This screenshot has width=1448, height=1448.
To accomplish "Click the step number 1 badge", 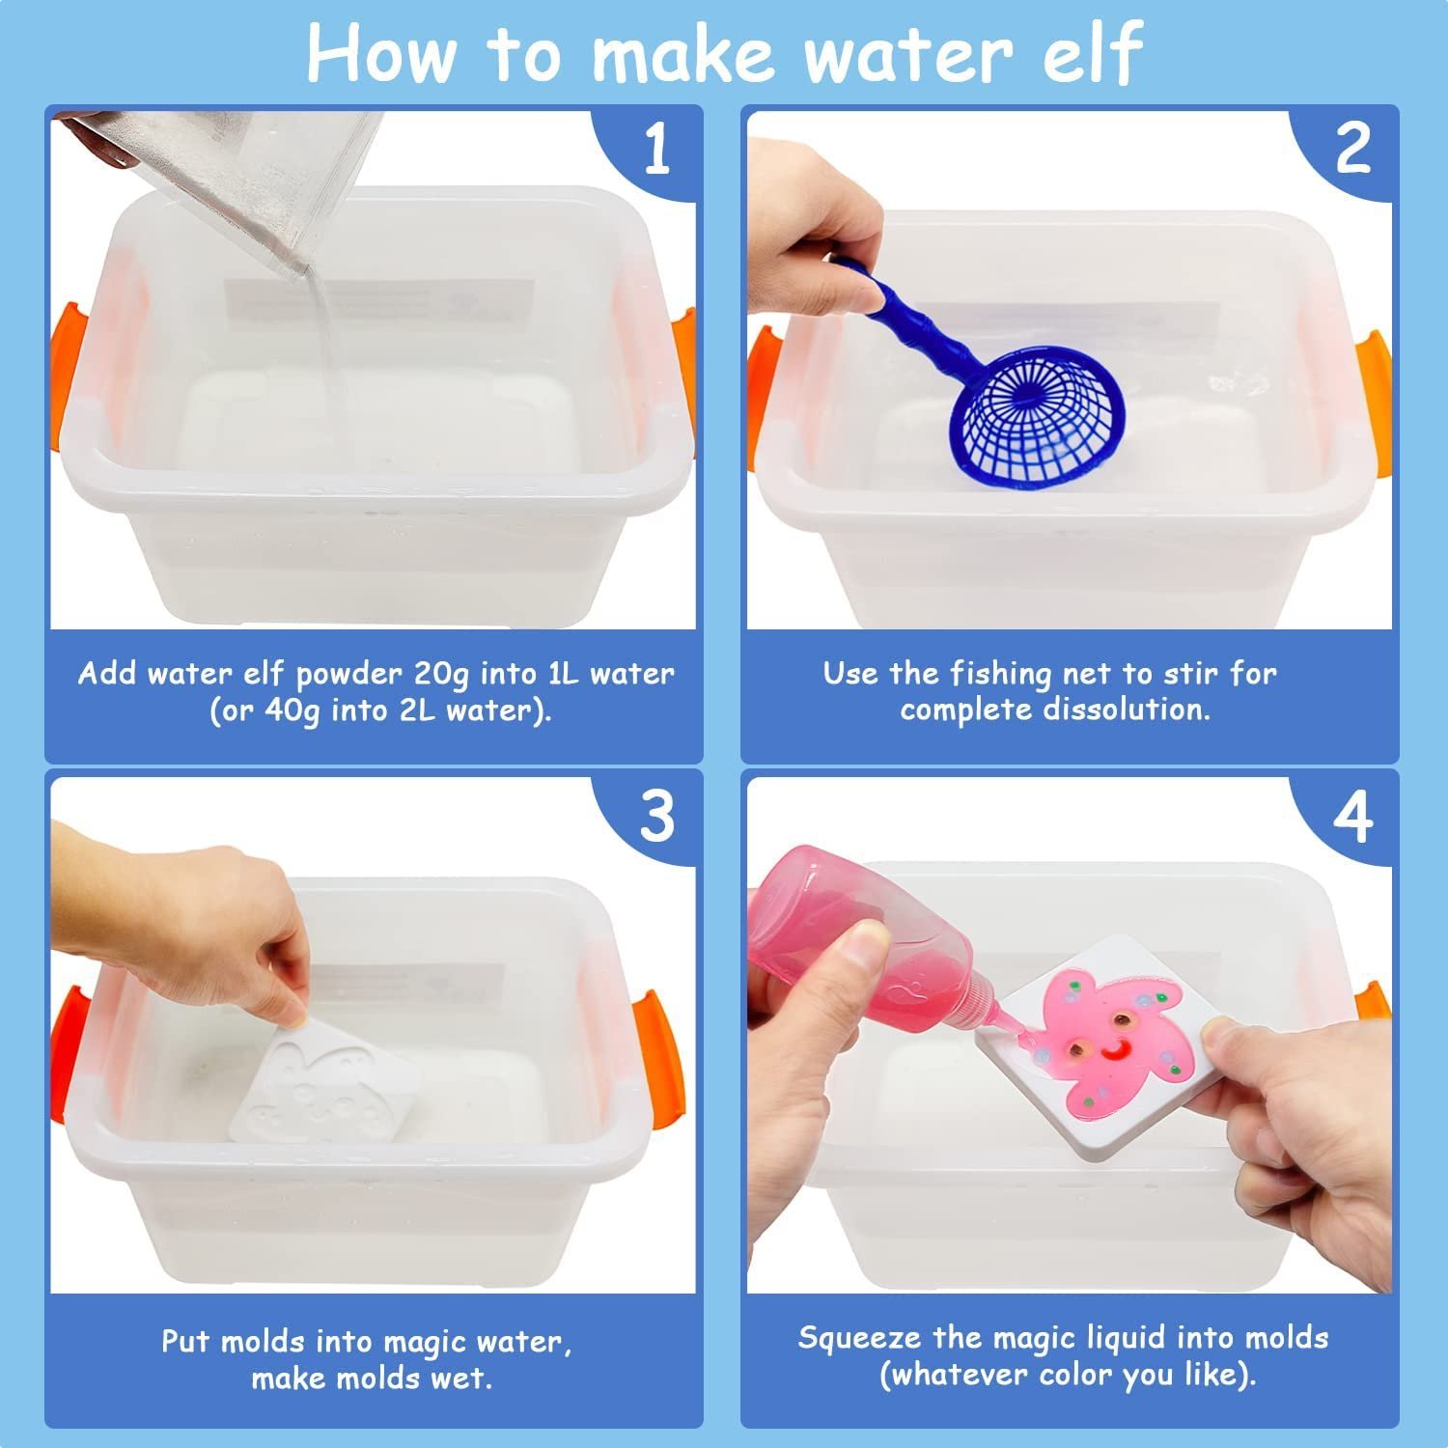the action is (x=655, y=150).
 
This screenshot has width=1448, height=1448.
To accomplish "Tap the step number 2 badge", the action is (x=1352, y=150).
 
